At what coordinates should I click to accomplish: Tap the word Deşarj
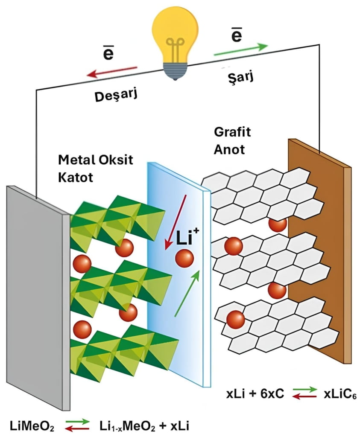coord(111,95)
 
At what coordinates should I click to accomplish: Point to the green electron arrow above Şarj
coord(241,50)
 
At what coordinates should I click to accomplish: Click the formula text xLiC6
coord(337,396)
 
